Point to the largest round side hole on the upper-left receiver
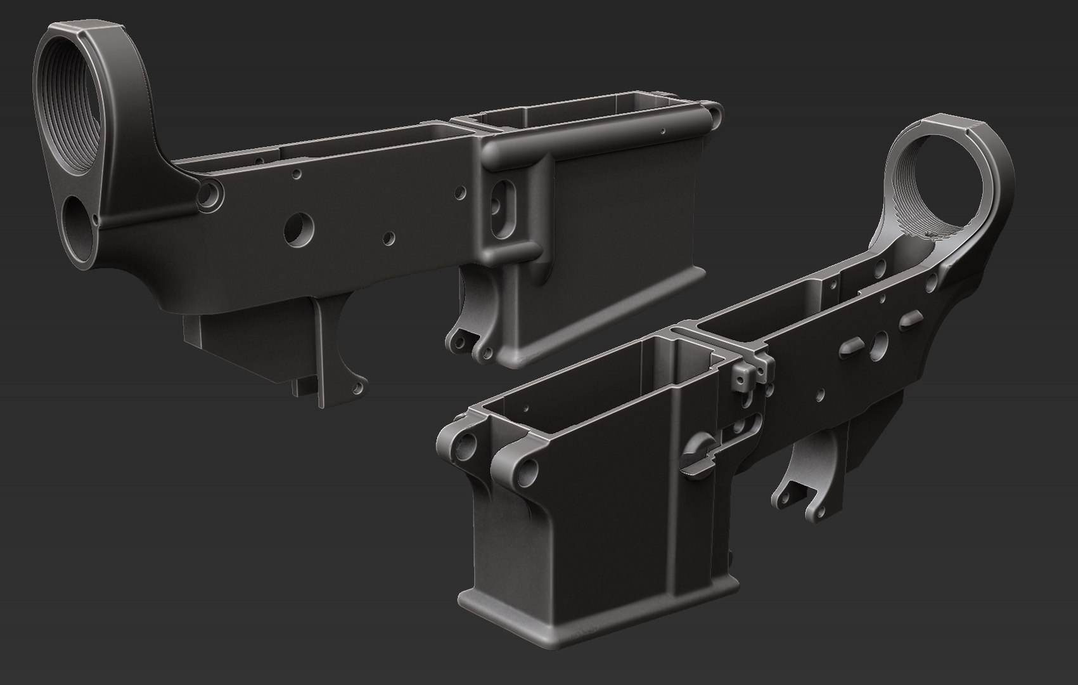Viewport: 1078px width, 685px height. click(x=297, y=230)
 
